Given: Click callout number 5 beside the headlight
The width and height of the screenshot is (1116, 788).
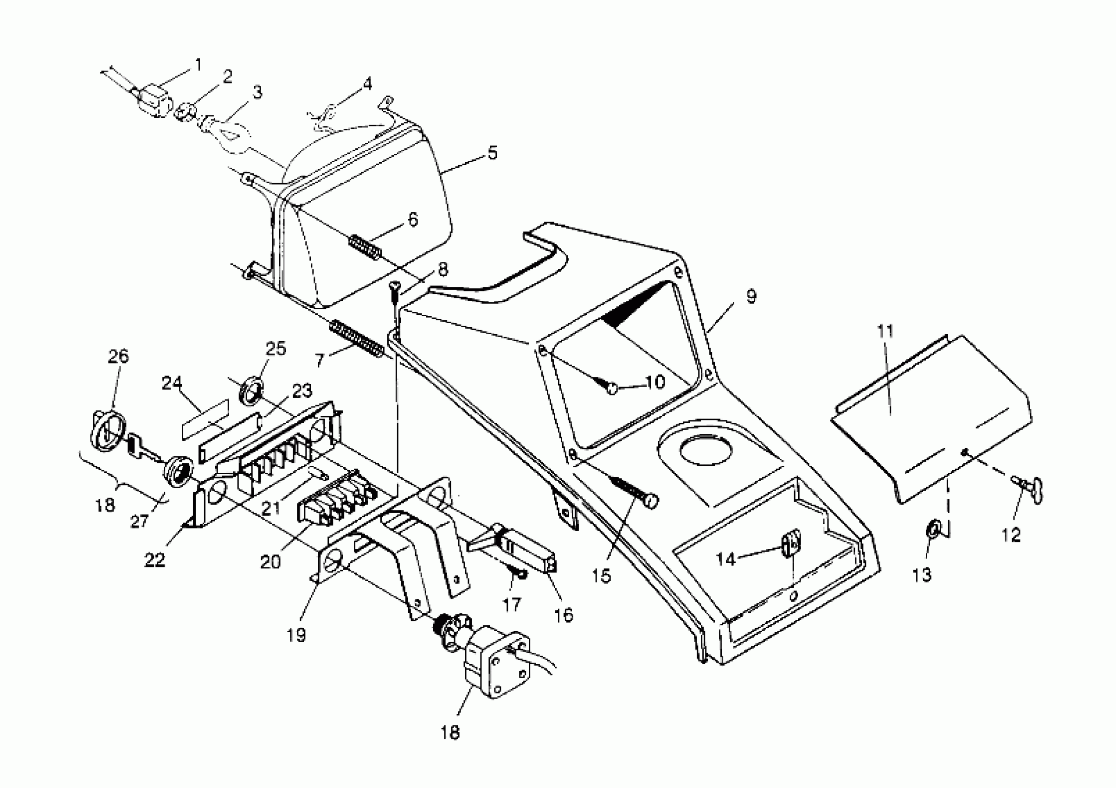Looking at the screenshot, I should pyautogui.click(x=493, y=153).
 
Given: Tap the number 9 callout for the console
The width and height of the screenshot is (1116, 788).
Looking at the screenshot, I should pyautogui.click(x=751, y=296).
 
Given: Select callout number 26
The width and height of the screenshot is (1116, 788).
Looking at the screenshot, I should pyautogui.click(x=118, y=356).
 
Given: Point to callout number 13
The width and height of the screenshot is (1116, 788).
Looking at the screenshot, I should pyautogui.click(x=922, y=575).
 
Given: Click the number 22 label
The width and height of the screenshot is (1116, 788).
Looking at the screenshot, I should pyautogui.click(x=155, y=560).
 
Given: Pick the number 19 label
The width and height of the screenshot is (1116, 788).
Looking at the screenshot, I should pyautogui.click(x=296, y=635).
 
